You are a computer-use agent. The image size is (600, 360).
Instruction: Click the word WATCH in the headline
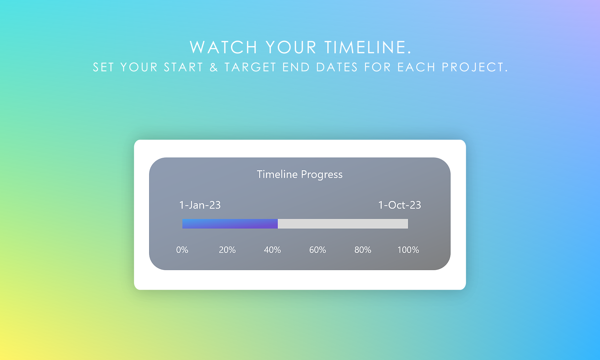pos(223,47)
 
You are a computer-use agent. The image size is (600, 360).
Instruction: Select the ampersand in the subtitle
pos(214,67)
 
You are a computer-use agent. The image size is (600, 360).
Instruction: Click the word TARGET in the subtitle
pos(250,67)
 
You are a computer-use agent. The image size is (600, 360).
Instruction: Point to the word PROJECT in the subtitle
pos(473,67)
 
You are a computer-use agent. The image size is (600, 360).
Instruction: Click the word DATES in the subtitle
pos(337,67)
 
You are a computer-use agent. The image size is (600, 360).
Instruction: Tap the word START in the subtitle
pos(183,67)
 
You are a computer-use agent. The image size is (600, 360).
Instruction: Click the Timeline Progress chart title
pos(300,174)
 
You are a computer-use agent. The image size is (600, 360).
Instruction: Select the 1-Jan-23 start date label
pos(200,205)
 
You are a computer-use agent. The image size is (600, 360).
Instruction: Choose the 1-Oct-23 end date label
pos(399,205)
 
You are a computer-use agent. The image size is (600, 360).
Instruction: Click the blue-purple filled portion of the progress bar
pos(230,224)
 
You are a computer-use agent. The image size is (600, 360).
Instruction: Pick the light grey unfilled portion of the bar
pos(343,224)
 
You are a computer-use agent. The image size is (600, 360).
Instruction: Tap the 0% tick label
pos(182,250)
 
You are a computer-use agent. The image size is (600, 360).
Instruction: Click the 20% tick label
pos(227,250)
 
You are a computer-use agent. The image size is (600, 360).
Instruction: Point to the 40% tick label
pos(272,250)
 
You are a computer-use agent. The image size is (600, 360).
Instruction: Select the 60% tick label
pos(317,250)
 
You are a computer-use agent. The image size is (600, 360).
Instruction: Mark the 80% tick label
pos(363,250)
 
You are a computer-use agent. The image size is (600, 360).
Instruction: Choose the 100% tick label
pos(408,250)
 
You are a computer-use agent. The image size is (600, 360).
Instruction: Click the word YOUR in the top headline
pos(291,47)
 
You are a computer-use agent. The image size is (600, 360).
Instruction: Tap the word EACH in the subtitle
pos(416,67)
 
